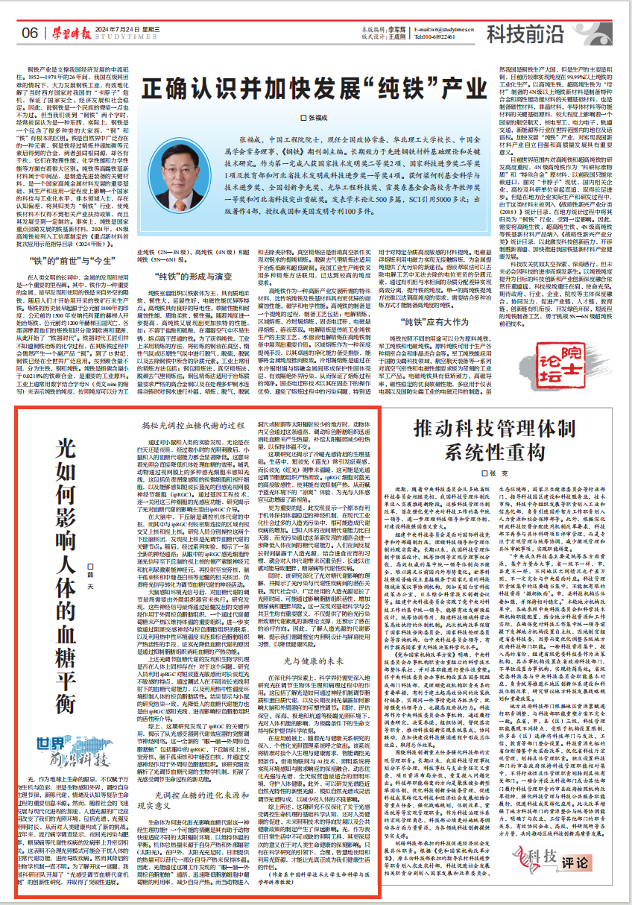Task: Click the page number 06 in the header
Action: tap(30, 32)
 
